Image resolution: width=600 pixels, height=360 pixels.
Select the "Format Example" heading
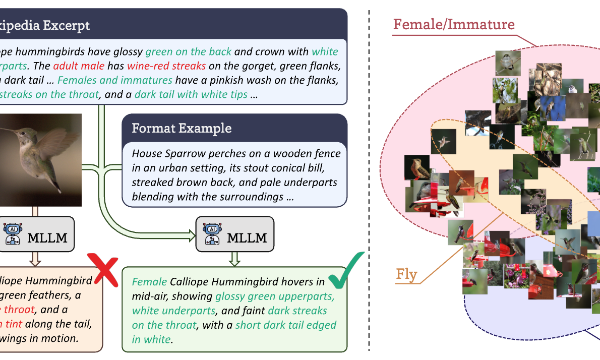point(182,128)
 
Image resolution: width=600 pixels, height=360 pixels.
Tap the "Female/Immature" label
point(454,24)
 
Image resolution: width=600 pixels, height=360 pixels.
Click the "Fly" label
point(406,274)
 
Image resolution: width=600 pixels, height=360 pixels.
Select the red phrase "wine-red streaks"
point(166,66)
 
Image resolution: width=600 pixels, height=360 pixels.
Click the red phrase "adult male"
point(79,66)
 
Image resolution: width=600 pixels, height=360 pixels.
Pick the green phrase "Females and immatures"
point(115,80)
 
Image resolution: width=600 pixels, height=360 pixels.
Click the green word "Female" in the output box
point(149,282)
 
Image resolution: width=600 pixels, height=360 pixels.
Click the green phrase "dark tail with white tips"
point(191,94)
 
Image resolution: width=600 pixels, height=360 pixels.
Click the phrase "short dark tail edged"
point(285,325)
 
